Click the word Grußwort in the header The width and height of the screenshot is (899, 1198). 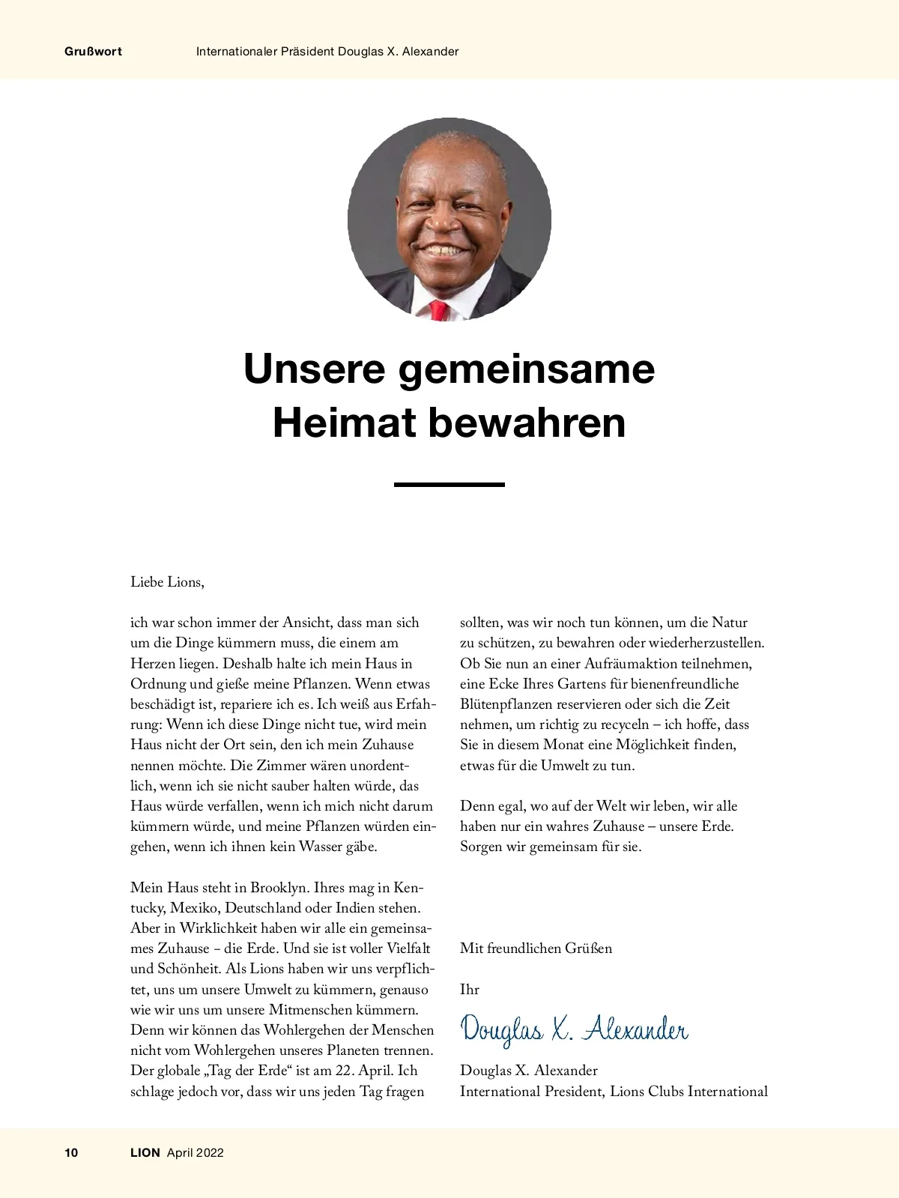[94, 52]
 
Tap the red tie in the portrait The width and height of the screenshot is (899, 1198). [438, 310]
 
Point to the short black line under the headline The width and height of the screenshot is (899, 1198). [449, 485]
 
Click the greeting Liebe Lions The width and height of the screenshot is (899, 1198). [167, 582]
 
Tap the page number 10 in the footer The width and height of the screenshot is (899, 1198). [71, 1153]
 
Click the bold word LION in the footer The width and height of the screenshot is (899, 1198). [145, 1153]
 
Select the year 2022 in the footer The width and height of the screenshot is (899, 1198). [210, 1153]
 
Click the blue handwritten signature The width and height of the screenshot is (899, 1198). [574, 1030]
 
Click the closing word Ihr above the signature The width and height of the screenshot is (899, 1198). [470, 990]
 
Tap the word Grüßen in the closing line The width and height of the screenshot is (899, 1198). [589, 949]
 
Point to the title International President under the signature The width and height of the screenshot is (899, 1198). [531, 1092]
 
